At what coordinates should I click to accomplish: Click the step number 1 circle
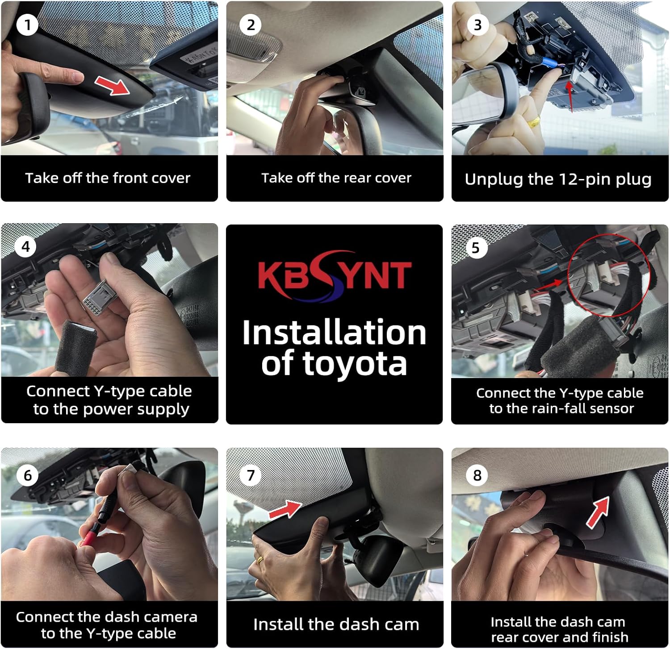pyautogui.click(x=27, y=25)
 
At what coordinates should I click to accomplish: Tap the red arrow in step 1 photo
pyautogui.click(x=112, y=85)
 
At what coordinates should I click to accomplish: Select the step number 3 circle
pyautogui.click(x=477, y=25)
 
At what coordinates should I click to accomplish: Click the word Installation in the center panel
pyautogui.click(x=334, y=333)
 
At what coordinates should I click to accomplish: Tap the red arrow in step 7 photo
pyautogui.click(x=286, y=508)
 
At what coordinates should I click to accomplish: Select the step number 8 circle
pyautogui.click(x=477, y=475)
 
